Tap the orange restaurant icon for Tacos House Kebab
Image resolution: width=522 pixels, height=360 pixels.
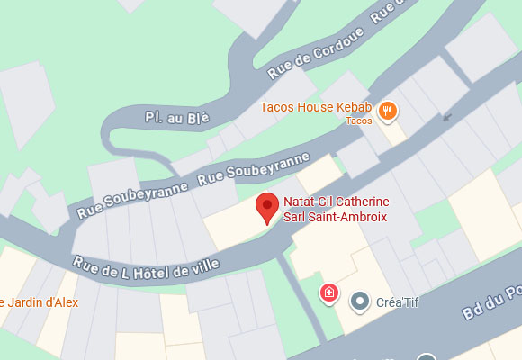point(389,111)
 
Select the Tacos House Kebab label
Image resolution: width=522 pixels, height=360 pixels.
point(314,107)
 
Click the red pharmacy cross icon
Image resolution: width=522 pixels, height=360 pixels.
point(330,292)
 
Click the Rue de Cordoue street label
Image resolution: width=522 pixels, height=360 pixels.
point(304,51)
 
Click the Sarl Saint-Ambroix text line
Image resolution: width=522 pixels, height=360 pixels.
point(337,217)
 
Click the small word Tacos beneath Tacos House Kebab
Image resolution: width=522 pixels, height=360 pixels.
point(358,121)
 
